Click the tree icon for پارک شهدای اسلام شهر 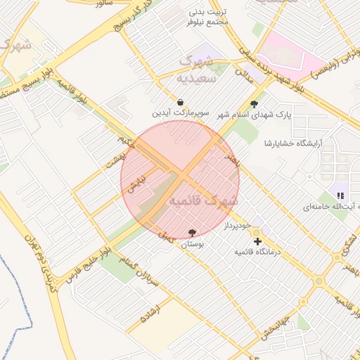[254, 103]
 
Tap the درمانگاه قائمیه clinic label [257, 251]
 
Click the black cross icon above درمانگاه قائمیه [257, 241]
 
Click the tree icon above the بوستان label [192, 233]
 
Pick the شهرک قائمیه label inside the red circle [204, 201]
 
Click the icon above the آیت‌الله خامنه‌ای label [340, 195]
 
